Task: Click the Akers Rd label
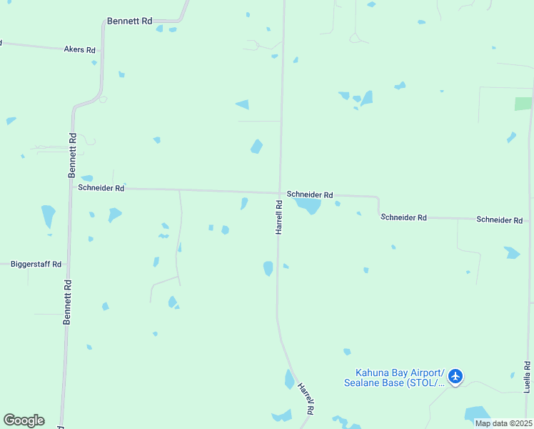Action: click(79, 50)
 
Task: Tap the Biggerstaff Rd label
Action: click(36, 264)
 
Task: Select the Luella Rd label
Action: click(527, 377)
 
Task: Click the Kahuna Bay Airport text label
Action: click(400, 373)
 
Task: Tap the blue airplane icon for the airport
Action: click(455, 376)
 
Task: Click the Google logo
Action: click(24, 420)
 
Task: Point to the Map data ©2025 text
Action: click(503, 423)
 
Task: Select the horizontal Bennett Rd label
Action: click(130, 21)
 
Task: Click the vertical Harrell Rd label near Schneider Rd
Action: click(279, 217)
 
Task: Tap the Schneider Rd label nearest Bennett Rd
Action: click(101, 188)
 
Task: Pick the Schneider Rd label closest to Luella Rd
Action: click(500, 220)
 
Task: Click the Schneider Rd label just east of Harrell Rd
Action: click(310, 194)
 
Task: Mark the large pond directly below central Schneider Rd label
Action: click(309, 207)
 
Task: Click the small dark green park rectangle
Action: click(523, 103)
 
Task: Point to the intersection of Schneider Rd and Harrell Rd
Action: click(278, 192)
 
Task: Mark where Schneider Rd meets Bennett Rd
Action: click(71, 187)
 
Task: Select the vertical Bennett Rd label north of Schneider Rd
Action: click(71, 155)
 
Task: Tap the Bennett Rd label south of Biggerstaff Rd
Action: click(67, 302)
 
